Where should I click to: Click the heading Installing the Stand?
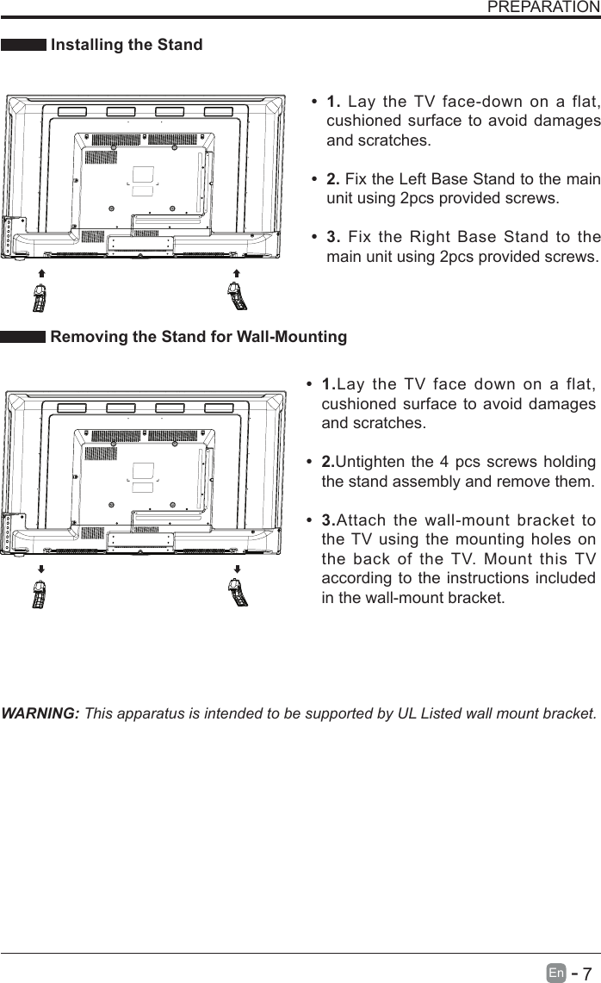(x=127, y=45)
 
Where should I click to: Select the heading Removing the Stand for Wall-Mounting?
(x=199, y=337)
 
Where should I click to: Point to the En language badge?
(x=557, y=972)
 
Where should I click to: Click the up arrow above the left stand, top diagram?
(x=40, y=271)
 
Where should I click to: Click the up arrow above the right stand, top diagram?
(x=237, y=271)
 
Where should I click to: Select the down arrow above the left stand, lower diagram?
(x=40, y=569)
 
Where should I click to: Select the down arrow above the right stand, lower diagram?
(x=237, y=569)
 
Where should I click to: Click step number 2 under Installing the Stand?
(x=332, y=179)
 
